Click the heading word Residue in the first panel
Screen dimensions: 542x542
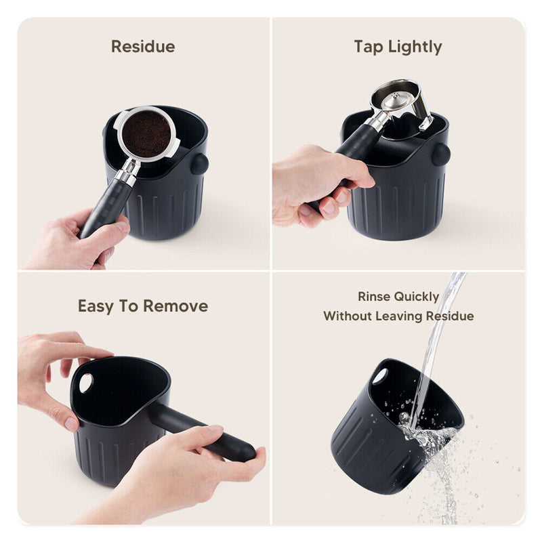coord(143,47)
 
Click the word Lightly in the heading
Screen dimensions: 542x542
coord(415,47)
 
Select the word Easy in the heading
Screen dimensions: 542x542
coord(95,306)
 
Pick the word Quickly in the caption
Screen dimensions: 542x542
coord(419,297)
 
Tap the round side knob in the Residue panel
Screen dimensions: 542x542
coord(199,164)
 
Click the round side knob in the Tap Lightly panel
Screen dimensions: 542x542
coord(441,154)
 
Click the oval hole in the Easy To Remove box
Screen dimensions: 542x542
coord(86,383)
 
